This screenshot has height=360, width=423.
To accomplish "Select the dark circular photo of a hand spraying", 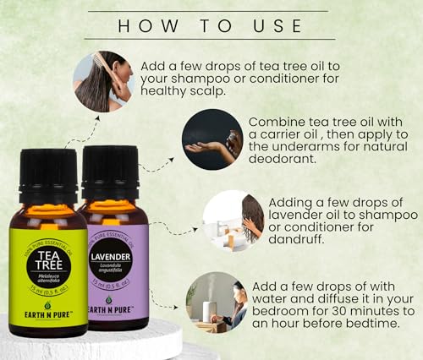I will tap(211, 139).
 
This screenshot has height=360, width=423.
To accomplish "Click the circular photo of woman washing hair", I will tap(233, 221).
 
